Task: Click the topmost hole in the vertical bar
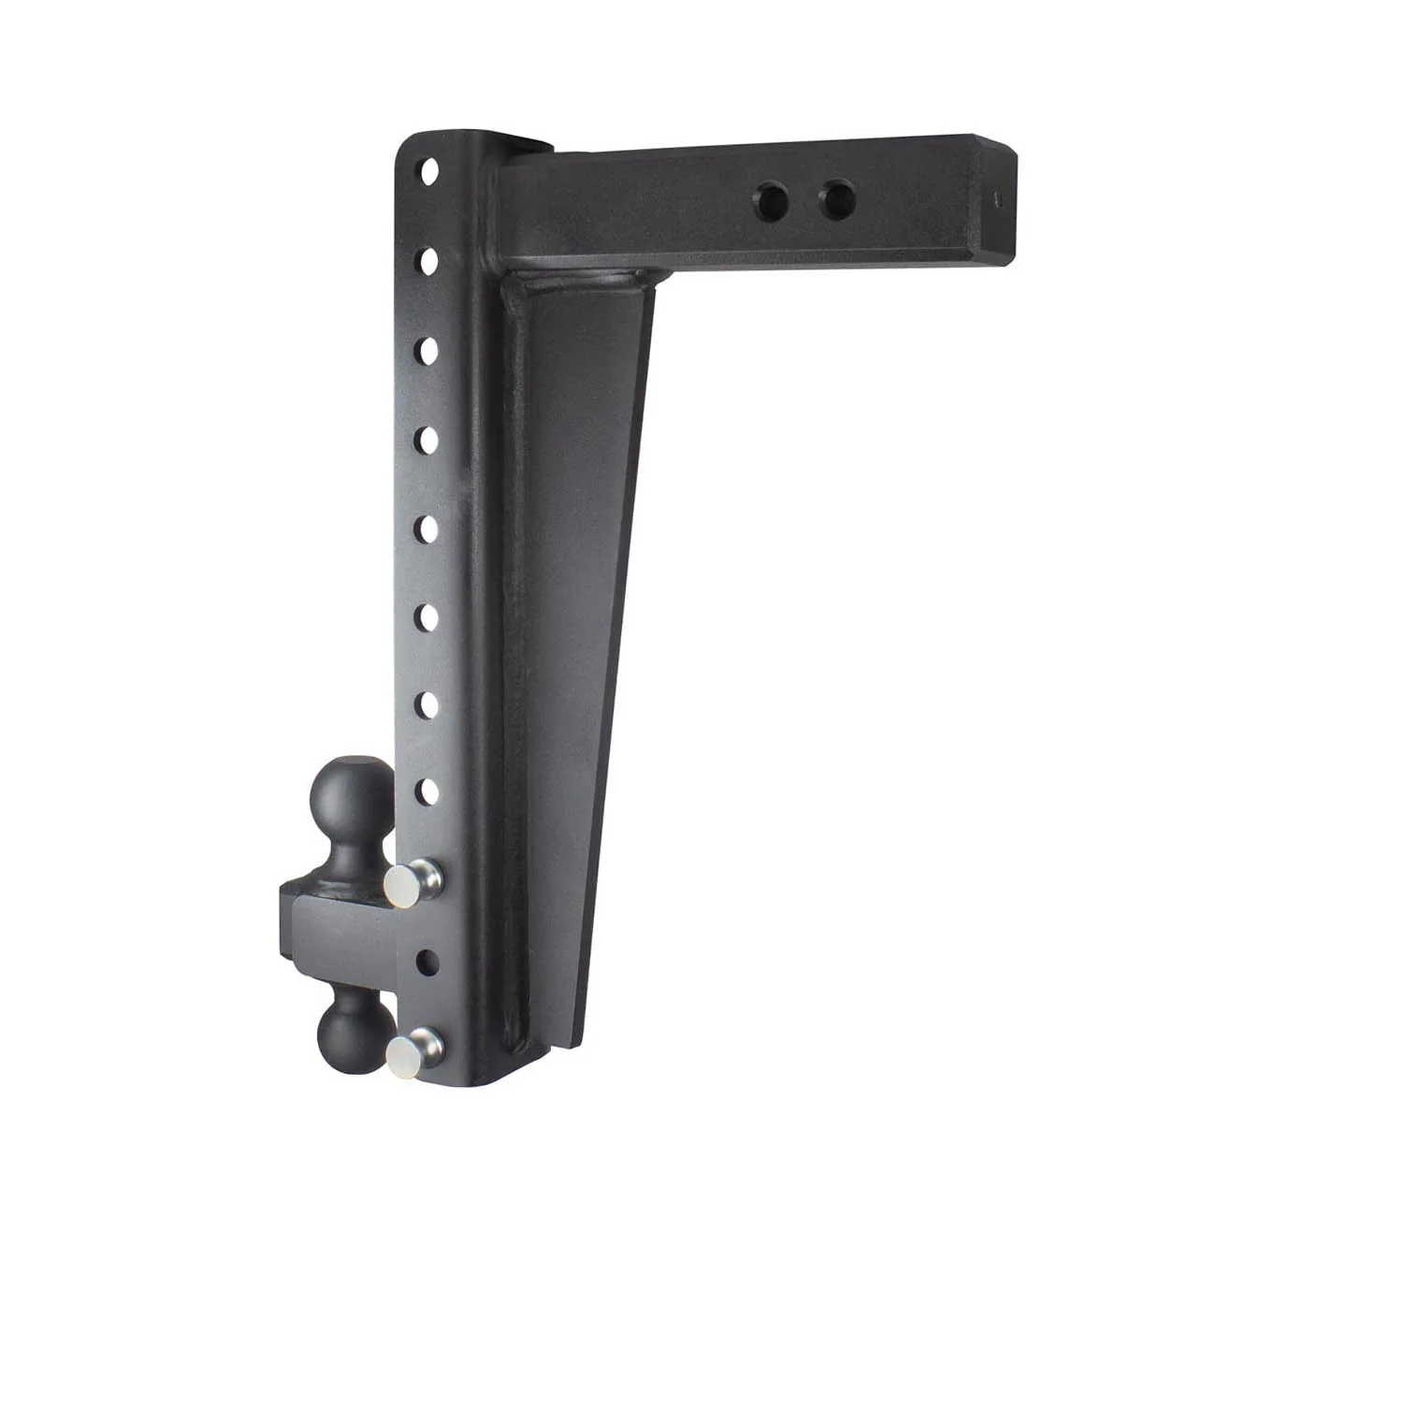[x=429, y=171]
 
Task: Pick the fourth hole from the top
[x=429, y=439]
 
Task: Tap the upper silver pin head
[x=405, y=885]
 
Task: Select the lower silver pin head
[x=404, y=1056]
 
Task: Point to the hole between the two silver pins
[x=427, y=963]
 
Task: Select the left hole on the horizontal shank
[x=774, y=198]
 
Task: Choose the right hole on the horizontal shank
[x=836, y=197]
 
